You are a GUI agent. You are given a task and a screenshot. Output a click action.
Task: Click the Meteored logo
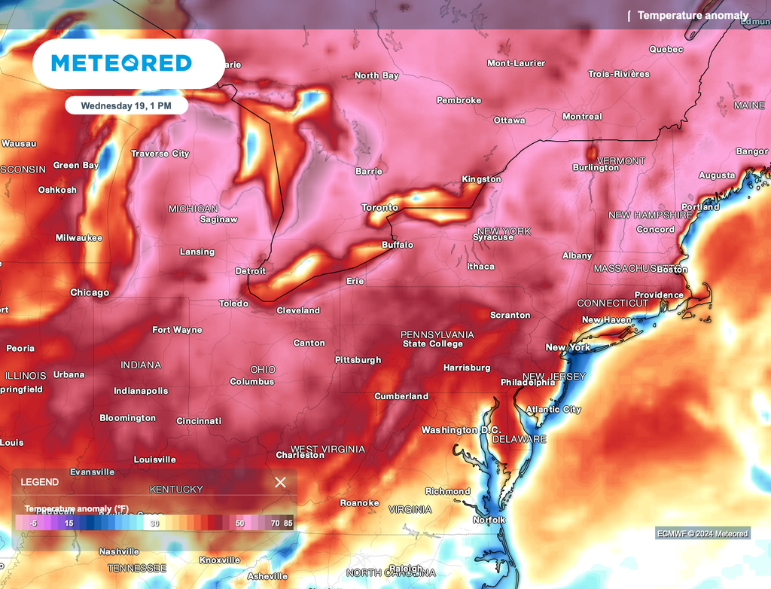click(121, 63)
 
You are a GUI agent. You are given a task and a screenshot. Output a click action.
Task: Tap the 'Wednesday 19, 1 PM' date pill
click(126, 105)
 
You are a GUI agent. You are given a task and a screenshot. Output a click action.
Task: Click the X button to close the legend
click(280, 482)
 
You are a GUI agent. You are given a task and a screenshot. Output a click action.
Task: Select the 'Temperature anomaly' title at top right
click(693, 15)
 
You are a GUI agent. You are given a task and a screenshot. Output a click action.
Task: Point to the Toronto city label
click(379, 207)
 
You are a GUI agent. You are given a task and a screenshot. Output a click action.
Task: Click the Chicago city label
click(90, 292)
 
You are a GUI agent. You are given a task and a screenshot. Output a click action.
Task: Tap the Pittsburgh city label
click(358, 360)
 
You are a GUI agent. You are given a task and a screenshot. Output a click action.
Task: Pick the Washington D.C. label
click(460, 430)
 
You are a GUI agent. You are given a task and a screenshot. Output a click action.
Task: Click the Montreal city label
click(582, 117)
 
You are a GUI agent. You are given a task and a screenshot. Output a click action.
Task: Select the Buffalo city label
click(398, 245)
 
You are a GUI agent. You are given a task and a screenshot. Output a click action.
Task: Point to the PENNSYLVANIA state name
click(437, 334)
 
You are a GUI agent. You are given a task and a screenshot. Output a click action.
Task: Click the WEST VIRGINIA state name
click(328, 449)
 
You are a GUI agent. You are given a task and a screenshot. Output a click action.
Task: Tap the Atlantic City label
click(553, 409)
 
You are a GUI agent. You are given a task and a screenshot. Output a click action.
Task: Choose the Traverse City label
click(160, 154)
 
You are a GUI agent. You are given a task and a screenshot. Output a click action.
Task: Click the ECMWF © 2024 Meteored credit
click(702, 534)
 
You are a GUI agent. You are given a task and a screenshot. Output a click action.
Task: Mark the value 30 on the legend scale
click(154, 523)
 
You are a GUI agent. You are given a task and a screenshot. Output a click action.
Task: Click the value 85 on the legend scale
click(288, 523)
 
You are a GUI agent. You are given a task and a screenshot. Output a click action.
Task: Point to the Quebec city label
click(666, 50)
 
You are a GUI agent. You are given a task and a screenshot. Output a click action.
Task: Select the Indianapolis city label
click(141, 391)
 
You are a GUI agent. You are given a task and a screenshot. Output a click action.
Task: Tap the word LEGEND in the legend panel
click(39, 482)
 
